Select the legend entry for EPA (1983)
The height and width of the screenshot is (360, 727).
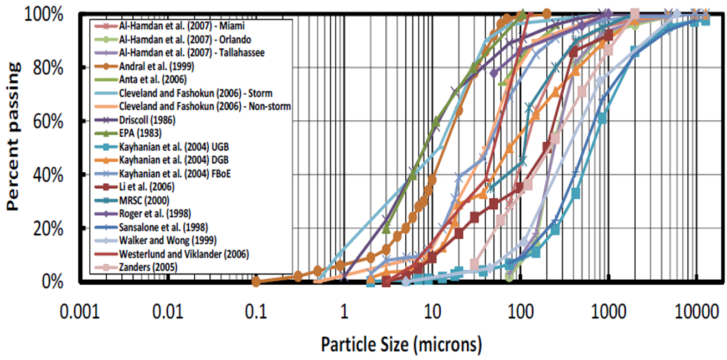(x=140, y=133)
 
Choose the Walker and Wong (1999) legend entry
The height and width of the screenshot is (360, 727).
(x=166, y=240)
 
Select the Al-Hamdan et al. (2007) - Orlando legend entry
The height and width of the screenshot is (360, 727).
(x=185, y=39)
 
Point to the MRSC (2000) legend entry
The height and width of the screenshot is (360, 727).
(x=144, y=200)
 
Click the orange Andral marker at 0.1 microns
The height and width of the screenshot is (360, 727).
(x=256, y=281)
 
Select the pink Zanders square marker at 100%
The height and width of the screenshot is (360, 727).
(x=635, y=13)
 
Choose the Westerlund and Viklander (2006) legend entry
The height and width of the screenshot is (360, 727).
(x=184, y=254)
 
